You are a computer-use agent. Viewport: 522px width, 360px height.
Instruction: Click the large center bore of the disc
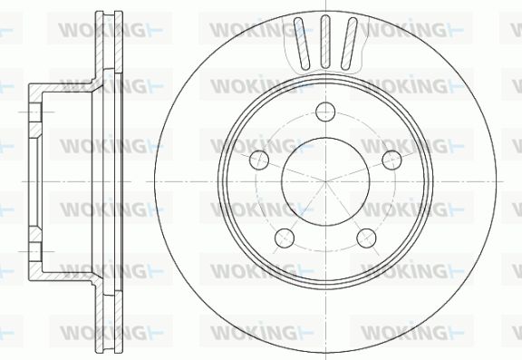[x=325, y=181]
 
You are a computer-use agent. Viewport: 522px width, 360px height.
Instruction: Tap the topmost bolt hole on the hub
[x=325, y=112]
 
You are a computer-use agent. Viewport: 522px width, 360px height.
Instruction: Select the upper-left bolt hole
[x=259, y=160]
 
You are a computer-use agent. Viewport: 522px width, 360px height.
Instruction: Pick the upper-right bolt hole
[x=391, y=160]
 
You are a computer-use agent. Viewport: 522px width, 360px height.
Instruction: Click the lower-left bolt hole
[x=285, y=238]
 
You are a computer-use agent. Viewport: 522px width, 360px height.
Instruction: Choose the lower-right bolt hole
[x=366, y=238]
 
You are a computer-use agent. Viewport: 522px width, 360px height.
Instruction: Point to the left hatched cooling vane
[x=302, y=44]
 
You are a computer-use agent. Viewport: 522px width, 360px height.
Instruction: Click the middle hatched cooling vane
[x=325, y=42]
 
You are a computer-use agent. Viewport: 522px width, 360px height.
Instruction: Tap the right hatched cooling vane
[x=349, y=44]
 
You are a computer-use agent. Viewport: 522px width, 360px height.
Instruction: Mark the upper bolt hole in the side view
[x=35, y=112]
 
